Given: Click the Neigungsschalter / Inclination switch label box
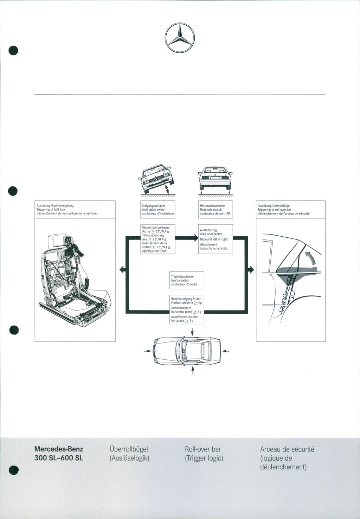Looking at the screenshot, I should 158,210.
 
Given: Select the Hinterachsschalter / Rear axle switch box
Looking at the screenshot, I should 216,210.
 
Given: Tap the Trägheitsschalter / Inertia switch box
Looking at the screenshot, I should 187,280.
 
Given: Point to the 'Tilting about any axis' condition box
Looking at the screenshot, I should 158,239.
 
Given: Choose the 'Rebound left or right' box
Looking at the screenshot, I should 216,239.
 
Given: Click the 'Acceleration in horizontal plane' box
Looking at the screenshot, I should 187,309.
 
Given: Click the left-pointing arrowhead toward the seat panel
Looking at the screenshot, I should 122,270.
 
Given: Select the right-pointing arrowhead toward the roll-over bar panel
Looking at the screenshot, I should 251,270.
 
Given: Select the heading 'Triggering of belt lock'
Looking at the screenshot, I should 51,210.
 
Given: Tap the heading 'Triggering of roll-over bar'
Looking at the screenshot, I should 274,210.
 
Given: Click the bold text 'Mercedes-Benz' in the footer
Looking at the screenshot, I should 59,449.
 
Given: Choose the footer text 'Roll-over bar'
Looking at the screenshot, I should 203,449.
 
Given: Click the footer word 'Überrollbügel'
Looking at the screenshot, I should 129,449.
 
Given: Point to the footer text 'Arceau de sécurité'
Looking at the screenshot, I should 287,449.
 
